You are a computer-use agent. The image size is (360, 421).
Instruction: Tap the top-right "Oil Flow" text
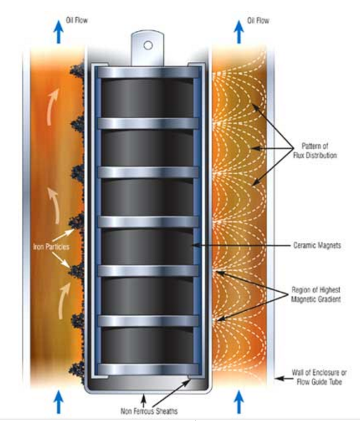click(x=257, y=21)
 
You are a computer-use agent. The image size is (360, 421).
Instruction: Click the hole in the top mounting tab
click(x=148, y=44)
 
